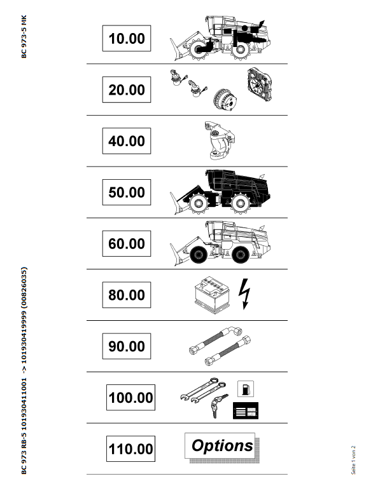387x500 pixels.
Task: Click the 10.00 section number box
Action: [127, 38]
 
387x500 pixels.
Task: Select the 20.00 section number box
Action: [127, 90]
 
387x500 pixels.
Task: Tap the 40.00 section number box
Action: [127, 141]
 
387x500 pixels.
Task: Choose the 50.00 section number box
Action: [127, 193]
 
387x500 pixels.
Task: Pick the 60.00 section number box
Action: [127, 243]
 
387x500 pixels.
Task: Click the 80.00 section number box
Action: [127, 295]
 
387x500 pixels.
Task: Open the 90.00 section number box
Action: [127, 346]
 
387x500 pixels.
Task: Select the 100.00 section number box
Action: [130, 398]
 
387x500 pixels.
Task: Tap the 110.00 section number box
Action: [130, 449]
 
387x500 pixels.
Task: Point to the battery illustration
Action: [212, 295]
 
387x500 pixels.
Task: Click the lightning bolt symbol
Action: [244, 294]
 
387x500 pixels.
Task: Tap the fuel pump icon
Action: [246, 389]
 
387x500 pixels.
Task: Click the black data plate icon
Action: [246, 410]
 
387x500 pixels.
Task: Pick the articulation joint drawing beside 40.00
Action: [220, 140]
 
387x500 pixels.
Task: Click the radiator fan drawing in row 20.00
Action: [260, 84]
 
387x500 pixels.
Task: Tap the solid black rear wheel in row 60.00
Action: [241, 255]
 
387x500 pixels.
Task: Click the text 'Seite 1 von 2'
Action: [353, 460]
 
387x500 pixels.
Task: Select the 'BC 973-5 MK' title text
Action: [24, 37]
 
